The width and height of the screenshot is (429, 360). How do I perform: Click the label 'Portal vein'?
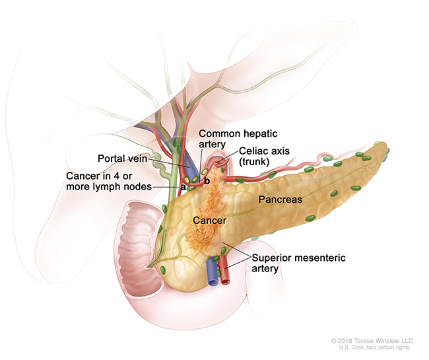[x=123, y=159]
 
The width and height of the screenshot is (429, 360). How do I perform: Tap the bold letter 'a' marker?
[x=183, y=187]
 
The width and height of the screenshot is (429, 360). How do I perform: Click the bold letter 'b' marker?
[x=207, y=180]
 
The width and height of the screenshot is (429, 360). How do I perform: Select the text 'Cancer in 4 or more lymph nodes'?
[x=109, y=182]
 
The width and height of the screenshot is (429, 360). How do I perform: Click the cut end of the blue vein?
[x=213, y=277]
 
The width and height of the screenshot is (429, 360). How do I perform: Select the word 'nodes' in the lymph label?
[x=137, y=187]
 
